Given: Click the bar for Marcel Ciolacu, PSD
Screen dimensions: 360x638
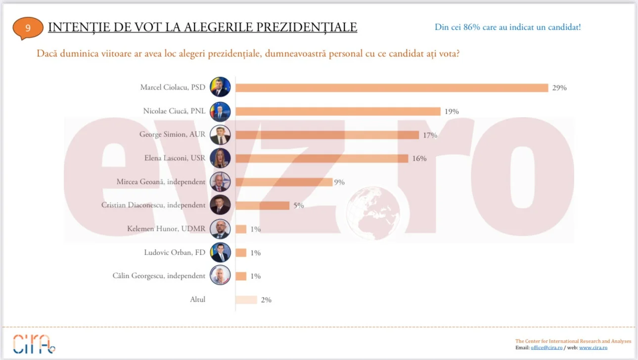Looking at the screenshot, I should pyautogui.click(x=391, y=88).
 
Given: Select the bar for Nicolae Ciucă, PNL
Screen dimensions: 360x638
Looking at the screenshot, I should pyautogui.click(x=337, y=111).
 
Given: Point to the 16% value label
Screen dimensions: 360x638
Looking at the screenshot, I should pyautogui.click(x=419, y=159).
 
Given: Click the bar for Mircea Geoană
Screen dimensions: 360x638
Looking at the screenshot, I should pyautogui.click(x=283, y=182).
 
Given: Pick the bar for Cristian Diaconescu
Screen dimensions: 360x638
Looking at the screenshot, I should pyautogui.click(x=262, y=205).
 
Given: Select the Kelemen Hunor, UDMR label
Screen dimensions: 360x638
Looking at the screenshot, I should pyautogui.click(x=166, y=229).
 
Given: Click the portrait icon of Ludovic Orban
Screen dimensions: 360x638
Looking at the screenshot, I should pyautogui.click(x=220, y=253).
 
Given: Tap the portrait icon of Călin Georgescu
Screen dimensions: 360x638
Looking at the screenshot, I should pyautogui.click(x=220, y=276).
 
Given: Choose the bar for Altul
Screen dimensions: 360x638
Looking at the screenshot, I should pyautogui.click(x=246, y=300).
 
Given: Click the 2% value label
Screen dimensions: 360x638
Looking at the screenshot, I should pyautogui.click(x=266, y=300).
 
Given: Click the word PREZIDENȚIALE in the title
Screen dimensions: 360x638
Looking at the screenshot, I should pyautogui.click(x=311, y=27).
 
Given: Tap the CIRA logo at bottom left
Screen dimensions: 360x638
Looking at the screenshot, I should pyautogui.click(x=34, y=343).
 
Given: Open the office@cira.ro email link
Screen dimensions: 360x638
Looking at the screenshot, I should pyautogui.click(x=547, y=348).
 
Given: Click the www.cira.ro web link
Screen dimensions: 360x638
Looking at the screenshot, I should pyautogui.click(x=593, y=348).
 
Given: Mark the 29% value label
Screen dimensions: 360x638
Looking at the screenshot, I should pyautogui.click(x=559, y=88).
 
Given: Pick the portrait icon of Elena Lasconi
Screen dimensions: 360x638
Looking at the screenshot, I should pyautogui.click(x=220, y=158).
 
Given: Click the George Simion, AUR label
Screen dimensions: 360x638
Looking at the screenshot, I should pyautogui.click(x=172, y=135).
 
